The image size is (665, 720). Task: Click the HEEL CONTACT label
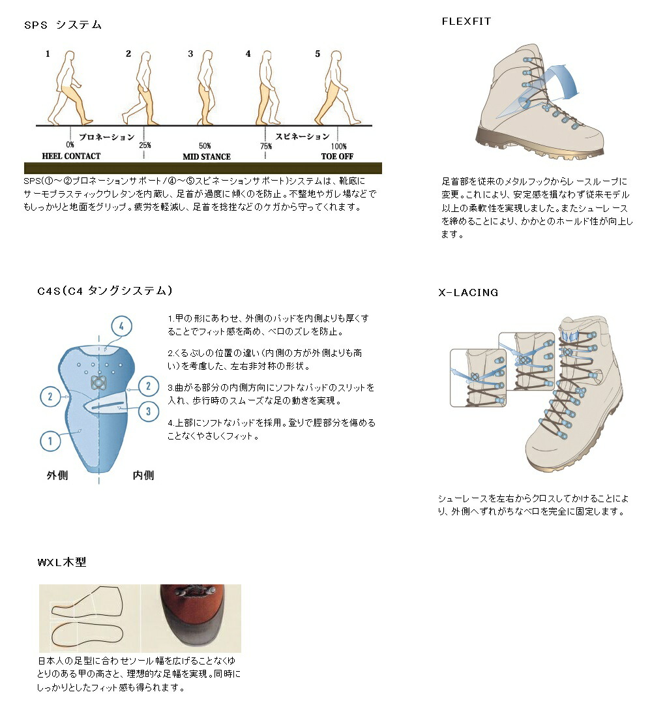[x=71, y=156]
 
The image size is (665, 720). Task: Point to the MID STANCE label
[x=207, y=157]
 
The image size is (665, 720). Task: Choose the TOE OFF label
[x=337, y=156]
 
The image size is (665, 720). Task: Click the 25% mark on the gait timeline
[x=145, y=145]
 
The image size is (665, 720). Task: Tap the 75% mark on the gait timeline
[x=266, y=146]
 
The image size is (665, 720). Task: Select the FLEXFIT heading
[x=466, y=22]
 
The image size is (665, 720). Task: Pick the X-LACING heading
[x=468, y=292]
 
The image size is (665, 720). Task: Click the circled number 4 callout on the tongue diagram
[x=122, y=327]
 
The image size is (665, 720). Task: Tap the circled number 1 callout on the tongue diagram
[x=50, y=441]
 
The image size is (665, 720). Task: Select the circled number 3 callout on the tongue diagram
[x=148, y=411]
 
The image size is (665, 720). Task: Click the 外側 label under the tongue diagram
[x=57, y=475]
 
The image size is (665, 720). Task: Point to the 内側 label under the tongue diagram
[x=143, y=475]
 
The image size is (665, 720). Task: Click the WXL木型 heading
[x=62, y=562]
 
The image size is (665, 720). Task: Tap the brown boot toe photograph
[x=191, y=618]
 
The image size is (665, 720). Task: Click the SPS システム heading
[x=63, y=25]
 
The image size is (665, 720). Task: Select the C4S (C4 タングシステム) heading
[x=105, y=291]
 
